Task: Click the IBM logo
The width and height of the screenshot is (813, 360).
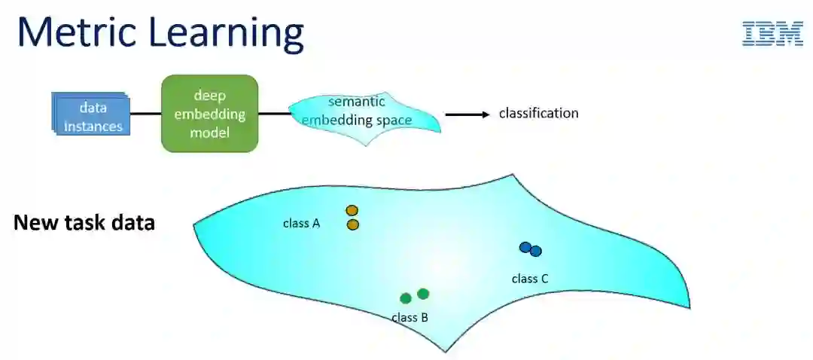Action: click(772, 33)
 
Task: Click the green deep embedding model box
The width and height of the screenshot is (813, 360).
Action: click(209, 113)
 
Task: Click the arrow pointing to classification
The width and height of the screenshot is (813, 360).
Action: click(467, 114)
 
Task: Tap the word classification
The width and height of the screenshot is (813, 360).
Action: click(538, 114)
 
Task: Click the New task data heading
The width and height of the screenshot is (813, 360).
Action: click(84, 224)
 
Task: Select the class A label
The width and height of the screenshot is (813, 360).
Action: click(302, 223)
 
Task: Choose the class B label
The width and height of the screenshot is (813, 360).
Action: click(410, 318)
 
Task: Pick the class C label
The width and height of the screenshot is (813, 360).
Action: click(530, 279)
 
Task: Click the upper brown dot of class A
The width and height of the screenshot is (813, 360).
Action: click(352, 211)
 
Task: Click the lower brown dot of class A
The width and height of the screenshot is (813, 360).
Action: click(353, 224)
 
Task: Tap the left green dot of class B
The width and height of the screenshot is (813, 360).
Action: click(406, 298)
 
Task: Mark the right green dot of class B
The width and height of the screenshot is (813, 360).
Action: click(423, 294)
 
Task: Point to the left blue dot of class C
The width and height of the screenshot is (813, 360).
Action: click(525, 247)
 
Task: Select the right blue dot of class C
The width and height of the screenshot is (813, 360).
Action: click(536, 252)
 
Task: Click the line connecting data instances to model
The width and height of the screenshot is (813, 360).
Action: click(145, 114)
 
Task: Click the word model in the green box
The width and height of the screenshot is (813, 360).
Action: click(209, 133)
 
